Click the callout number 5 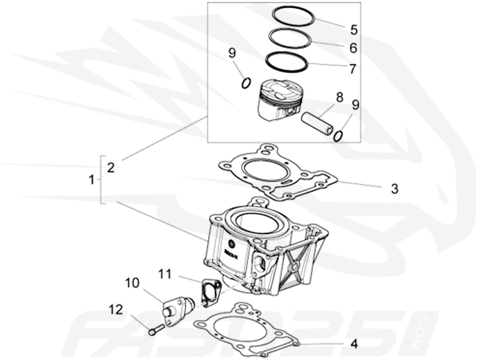click(354, 30)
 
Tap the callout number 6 click(353, 48)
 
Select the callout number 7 click(352, 69)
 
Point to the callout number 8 click(339, 98)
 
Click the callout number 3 click(394, 189)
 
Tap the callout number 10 click(132, 283)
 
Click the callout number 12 click(116, 310)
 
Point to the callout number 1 click(91, 180)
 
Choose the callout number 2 click(111, 168)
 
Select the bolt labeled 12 click(155, 329)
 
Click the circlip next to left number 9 click(245, 83)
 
